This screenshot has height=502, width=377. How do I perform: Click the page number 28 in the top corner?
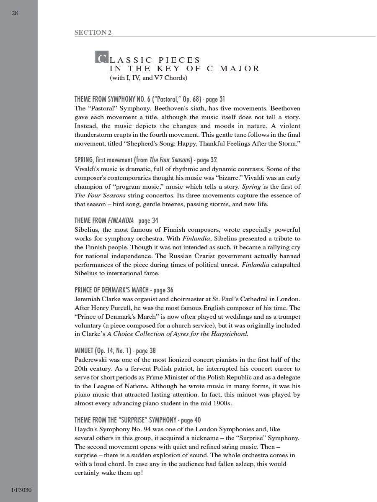tap(15, 13)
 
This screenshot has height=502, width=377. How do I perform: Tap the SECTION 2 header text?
tap(93, 33)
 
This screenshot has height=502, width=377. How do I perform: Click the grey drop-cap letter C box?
tap(102, 57)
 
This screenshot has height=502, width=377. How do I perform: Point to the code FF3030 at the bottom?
tap(21, 490)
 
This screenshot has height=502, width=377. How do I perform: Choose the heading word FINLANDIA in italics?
tap(121, 220)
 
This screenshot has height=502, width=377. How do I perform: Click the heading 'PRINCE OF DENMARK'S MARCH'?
tap(112, 290)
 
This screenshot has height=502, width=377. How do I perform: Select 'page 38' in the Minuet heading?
tap(146, 351)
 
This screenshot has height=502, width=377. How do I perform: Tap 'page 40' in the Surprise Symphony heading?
tap(192, 420)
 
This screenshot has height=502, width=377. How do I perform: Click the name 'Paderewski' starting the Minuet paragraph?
tap(91, 360)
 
